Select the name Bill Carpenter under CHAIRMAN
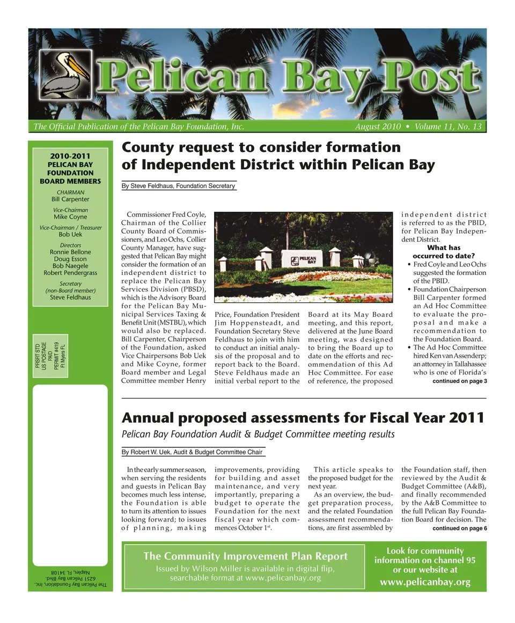pyautogui.click(x=70, y=199)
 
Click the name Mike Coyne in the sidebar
pyautogui.click(x=70, y=217)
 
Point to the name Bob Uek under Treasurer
pyautogui.click(x=70, y=235)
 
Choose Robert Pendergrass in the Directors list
pyautogui.click(x=70, y=273)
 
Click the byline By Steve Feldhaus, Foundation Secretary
pyautogui.click(x=179, y=186)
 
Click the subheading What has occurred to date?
pyautogui.click(x=444, y=251)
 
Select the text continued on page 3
pyautogui.click(x=459, y=381)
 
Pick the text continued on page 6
pyautogui.click(x=459, y=528)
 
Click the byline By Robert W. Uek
pyautogui.click(x=192, y=452)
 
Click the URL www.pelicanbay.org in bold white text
pyautogui.click(x=425, y=582)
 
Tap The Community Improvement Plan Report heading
pyautogui.click(x=245, y=556)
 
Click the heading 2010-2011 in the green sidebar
pyautogui.click(x=70, y=156)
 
